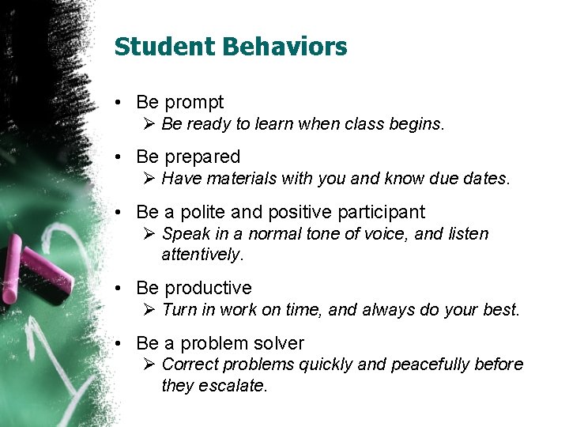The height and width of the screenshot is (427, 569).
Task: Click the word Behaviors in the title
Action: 284,47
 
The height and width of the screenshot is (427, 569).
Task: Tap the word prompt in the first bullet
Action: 194,103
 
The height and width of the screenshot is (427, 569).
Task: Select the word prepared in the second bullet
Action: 202,157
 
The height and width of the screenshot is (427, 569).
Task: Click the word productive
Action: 208,288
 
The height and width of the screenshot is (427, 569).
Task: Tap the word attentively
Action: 202,254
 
